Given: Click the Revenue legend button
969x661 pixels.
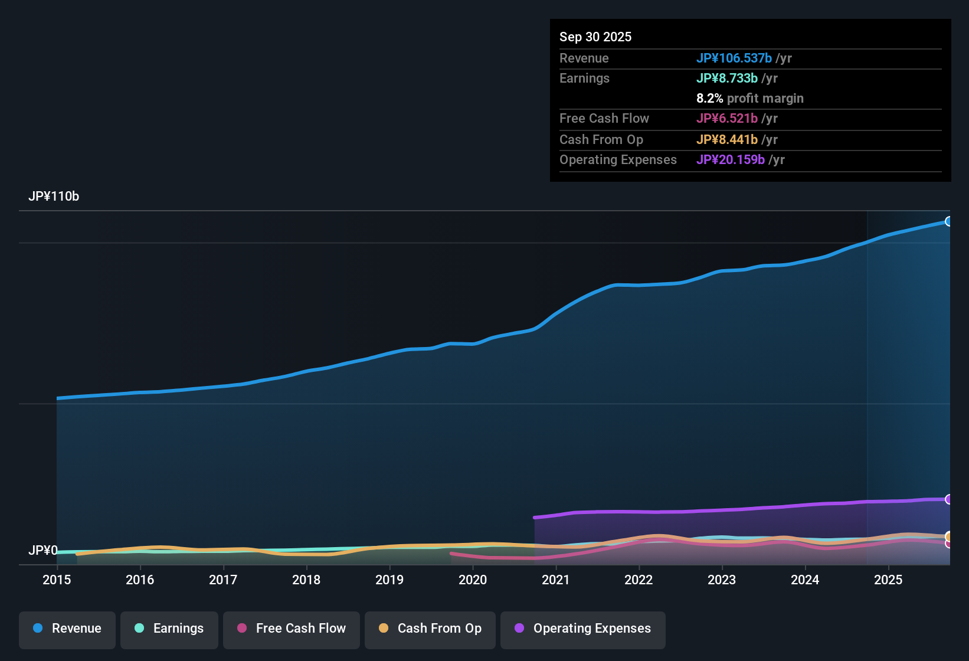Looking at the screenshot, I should point(67,629).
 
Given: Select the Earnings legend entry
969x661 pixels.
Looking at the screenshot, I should point(169,629).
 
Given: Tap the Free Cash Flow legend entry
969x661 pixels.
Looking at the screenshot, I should point(292,629).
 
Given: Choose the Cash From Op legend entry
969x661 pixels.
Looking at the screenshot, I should point(430,629).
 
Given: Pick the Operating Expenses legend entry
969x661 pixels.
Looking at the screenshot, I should point(583,629).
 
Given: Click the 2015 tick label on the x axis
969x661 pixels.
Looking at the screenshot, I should point(57,580).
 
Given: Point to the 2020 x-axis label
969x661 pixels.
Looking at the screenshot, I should point(473,580).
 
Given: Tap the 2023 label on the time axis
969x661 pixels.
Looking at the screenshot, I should point(722,580).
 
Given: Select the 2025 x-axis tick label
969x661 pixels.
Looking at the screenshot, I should point(888,580).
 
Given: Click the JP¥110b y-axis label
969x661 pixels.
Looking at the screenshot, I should point(54,197).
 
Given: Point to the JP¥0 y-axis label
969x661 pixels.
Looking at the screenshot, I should point(43,550).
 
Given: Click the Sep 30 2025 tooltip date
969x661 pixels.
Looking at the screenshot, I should point(595,37).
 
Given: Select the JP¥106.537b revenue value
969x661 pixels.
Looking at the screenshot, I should point(734,58).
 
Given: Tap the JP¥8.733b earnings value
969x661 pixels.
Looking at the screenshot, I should point(727,78).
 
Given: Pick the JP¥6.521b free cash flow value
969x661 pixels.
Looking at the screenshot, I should point(727,119).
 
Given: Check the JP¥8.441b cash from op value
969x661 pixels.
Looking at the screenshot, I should point(727,140).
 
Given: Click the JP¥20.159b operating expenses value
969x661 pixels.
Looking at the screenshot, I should point(731,160).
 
